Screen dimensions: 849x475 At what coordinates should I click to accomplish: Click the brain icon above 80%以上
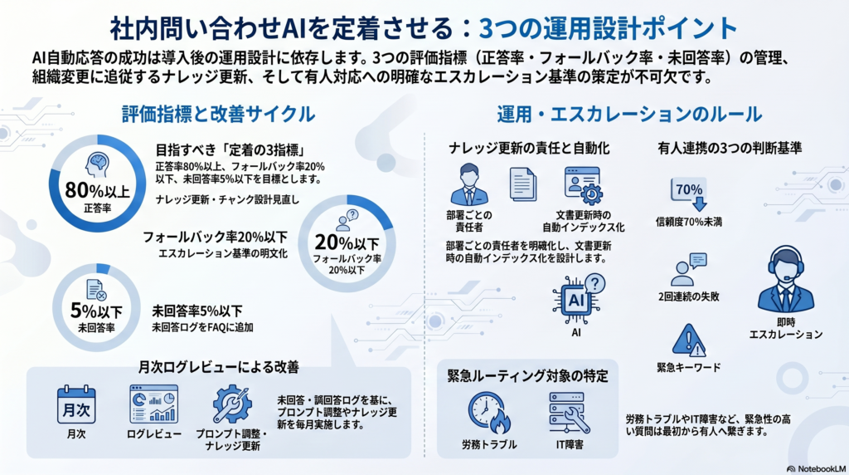(98, 165)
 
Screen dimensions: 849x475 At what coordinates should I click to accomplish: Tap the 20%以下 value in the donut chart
(347, 242)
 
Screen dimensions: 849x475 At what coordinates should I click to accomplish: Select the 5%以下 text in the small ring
(96, 311)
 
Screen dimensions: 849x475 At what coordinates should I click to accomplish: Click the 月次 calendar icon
(76, 404)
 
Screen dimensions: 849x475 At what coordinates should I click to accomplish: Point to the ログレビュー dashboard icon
(153, 404)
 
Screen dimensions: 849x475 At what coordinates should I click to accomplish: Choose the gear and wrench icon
(232, 404)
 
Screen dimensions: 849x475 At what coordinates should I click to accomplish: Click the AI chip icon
(578, 299)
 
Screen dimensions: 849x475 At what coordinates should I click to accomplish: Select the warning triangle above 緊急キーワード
(689, 340)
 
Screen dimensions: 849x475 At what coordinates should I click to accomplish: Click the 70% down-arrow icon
(689, 193)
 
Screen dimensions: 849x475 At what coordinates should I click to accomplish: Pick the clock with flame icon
(489, 414)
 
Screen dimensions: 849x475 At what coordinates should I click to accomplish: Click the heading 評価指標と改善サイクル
(218, 114)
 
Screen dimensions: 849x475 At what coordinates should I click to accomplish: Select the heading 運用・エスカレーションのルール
(630, 114)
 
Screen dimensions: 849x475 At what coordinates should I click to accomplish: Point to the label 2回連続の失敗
(689, 296)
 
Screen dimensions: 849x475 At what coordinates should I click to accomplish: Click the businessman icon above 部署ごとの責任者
(469, 184)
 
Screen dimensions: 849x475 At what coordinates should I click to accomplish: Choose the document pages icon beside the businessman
(523, 184)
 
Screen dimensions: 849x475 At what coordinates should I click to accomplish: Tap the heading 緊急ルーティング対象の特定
(527, 376)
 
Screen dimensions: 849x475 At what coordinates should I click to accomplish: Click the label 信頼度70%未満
(689, 222)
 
